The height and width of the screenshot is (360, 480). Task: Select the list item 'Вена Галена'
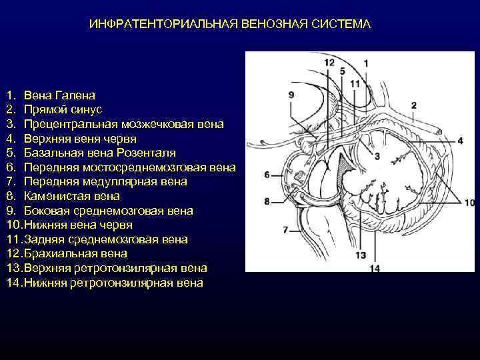59,95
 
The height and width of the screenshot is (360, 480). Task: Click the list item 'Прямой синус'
63,109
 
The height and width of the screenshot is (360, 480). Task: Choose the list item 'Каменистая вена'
71,196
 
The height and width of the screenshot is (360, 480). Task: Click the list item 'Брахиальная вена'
75,254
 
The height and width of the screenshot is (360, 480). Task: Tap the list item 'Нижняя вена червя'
77,225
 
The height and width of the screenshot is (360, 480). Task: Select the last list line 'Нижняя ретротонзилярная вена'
113,283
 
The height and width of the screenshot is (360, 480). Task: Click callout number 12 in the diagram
329,63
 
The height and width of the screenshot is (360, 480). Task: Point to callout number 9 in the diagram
291,95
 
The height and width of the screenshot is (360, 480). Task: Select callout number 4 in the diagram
460,141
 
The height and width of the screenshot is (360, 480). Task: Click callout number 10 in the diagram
469,202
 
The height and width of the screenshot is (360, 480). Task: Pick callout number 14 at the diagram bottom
374,268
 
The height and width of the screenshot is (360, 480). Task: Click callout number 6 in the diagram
267,175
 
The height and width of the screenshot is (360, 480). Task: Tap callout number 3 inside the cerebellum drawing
377,156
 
